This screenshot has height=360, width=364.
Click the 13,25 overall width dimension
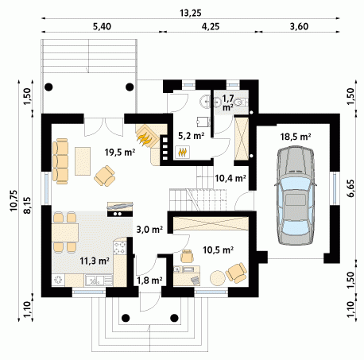pyautogui.click(x=191, y=13)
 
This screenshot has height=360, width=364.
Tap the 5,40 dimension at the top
pyautogui.click(x=102, y=26)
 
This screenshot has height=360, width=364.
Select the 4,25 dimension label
pyautogui.click(x=210, y=26)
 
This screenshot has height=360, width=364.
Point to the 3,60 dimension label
pyautogui.click(x=299, y=26)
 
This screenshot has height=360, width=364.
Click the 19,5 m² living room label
pyautogui.click(x=120, y=152)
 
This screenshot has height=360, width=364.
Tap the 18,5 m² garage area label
pyautogui.click(x=296, y=137)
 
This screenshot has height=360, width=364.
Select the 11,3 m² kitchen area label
pyautogui.click(x=95, y=261)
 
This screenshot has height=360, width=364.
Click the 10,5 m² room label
pyautogui.click(x=218, y=250)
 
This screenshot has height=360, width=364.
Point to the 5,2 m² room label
pyautogui.click(x=191, y=136)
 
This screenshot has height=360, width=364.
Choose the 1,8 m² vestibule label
pyautogui.click(x=149, y=280)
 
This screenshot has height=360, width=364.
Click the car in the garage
pyautogui.click(x=295, y=195)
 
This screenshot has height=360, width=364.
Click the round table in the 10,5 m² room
pyautogui.click(x=218, y=277)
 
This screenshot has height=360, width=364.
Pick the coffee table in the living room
pyautogui.click(x=83, y=161)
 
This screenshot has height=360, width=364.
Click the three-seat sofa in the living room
pyautogui.click(x=60, y=161)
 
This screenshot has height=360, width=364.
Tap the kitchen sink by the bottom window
pyautogui.click(x=95, y=280)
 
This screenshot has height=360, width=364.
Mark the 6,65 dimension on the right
pyautogui.click(x=350, y=188)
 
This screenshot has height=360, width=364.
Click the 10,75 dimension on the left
pyautogui.click(x=14, y=200)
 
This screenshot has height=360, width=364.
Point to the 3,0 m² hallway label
pyautogui.click(x=149, y=230)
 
